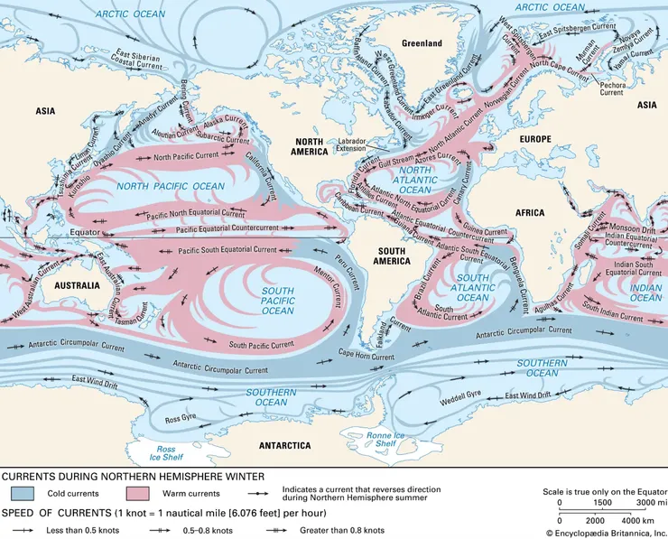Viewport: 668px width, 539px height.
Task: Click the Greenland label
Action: click(x=422, y=42)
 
